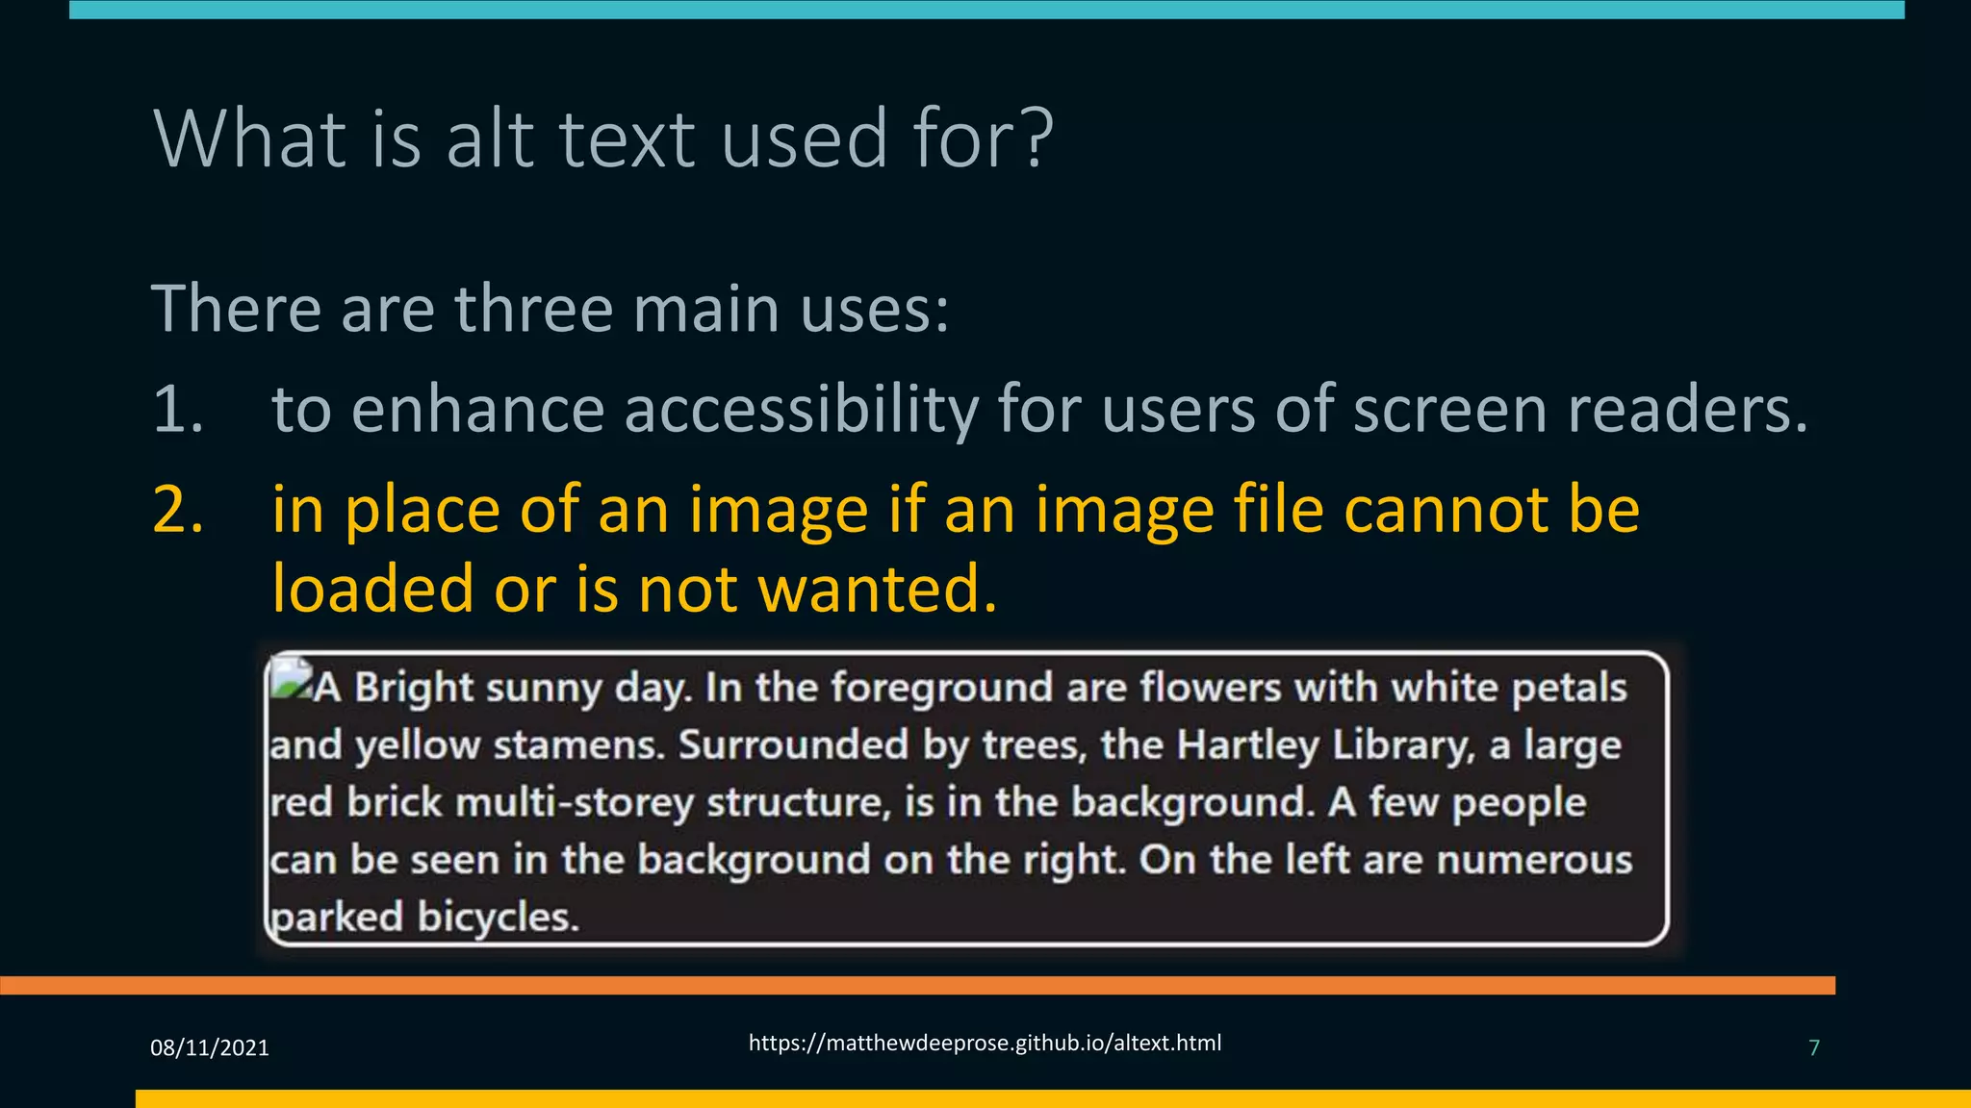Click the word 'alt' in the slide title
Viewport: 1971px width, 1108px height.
[x=490, y=139]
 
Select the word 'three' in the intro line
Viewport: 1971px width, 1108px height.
[x=534, y=310]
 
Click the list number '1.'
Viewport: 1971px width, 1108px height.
[x=178, y=409]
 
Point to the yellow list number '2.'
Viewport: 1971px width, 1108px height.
[x=178, y=510]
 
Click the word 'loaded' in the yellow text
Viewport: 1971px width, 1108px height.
[x=372, y=589]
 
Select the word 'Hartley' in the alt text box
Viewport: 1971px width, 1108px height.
[x=1247, y=745]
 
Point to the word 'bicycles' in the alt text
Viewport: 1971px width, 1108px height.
[x=498, y=918]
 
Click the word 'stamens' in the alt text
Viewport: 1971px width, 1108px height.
[x=578, y=745]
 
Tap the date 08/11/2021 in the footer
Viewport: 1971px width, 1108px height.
[x=210, y=1048]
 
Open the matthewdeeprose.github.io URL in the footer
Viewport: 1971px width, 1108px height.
[x=985, y=1044]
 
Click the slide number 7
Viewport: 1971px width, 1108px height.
[x=1814, y=1048]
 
